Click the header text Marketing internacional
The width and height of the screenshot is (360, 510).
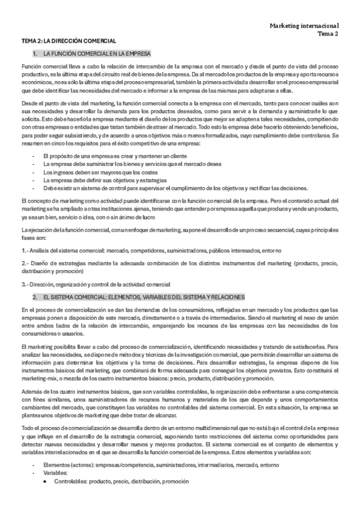304,26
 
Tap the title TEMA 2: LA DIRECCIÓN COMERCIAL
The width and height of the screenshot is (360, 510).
69,41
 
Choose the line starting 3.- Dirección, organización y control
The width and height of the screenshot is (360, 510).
96,284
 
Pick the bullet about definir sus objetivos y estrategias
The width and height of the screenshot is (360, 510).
109,180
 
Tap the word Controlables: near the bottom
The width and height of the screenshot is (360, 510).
71,481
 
